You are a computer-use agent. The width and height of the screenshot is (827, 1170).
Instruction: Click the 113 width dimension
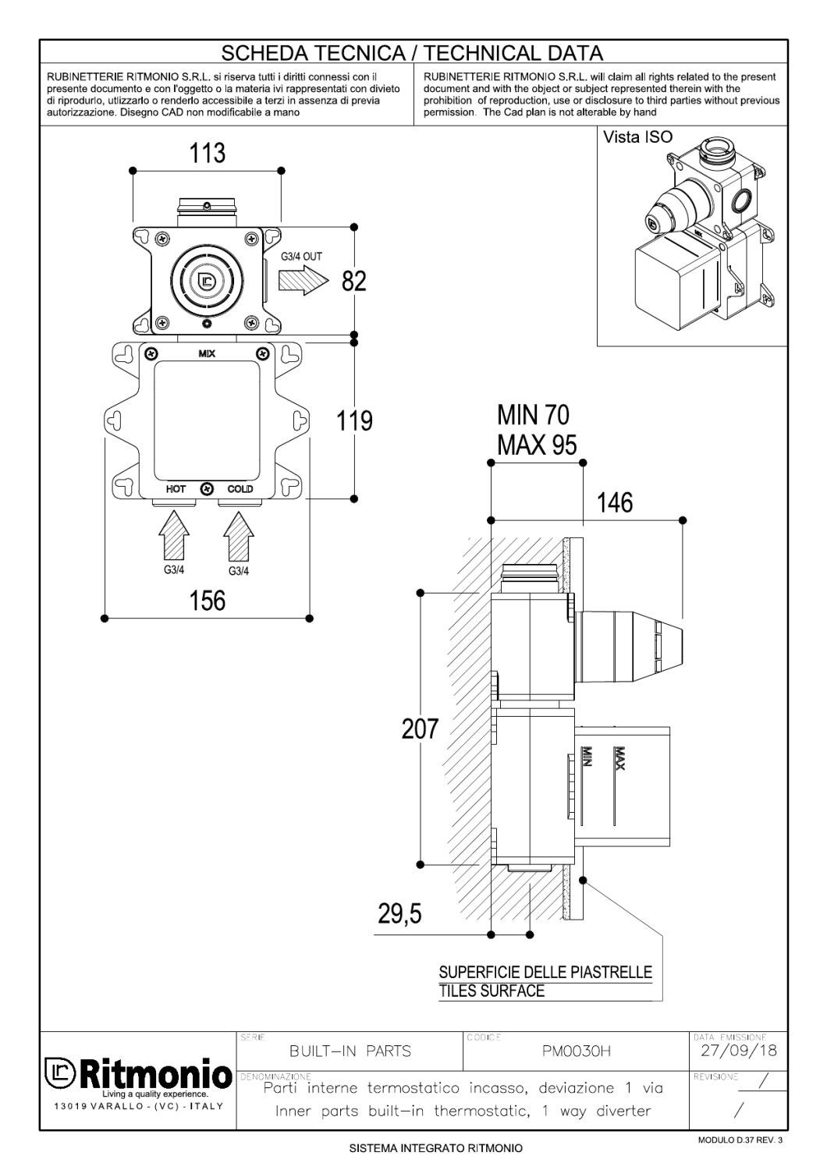(208, 152)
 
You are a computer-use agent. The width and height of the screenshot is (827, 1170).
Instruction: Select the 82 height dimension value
(353, 282)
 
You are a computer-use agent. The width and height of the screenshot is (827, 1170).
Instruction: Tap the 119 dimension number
(354, 422)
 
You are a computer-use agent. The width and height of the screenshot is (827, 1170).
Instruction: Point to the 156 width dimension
(208, 601)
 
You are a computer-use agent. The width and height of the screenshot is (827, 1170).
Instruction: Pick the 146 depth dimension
(615, 503)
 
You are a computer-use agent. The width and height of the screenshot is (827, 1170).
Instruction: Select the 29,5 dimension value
(400, 913)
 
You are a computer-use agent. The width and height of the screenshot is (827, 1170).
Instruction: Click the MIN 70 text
(534, 414)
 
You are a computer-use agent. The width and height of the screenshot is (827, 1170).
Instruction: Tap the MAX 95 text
(537, 445)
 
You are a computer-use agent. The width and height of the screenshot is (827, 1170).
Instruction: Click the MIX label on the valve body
(207, 354)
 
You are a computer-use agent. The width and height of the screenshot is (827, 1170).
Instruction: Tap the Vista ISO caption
(637, 137)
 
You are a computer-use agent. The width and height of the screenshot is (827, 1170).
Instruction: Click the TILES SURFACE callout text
(492, 991)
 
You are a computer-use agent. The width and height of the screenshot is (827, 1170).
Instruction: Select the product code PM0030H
(577, 1051)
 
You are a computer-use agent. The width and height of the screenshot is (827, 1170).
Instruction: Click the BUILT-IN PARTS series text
(350, 1051)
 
